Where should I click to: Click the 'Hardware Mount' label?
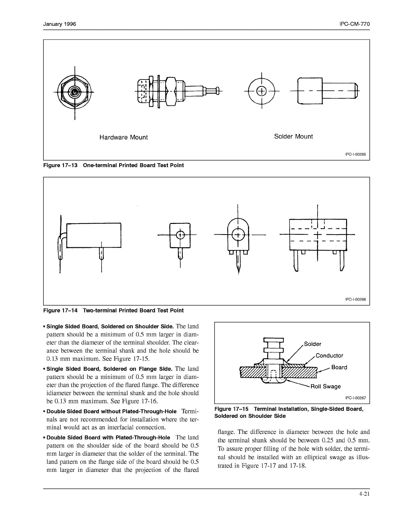pos(123,137)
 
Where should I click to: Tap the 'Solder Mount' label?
pos(293,136)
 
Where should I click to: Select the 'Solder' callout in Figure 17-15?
pos(312,344)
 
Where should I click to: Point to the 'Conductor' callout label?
pos(329,356)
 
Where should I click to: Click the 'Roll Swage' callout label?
pos(326,386)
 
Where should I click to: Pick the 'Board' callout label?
pos(339,367)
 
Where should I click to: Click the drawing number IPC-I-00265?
pos(355,154)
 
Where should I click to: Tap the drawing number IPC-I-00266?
pos(355,299)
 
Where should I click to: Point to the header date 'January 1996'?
pos(60,24)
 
